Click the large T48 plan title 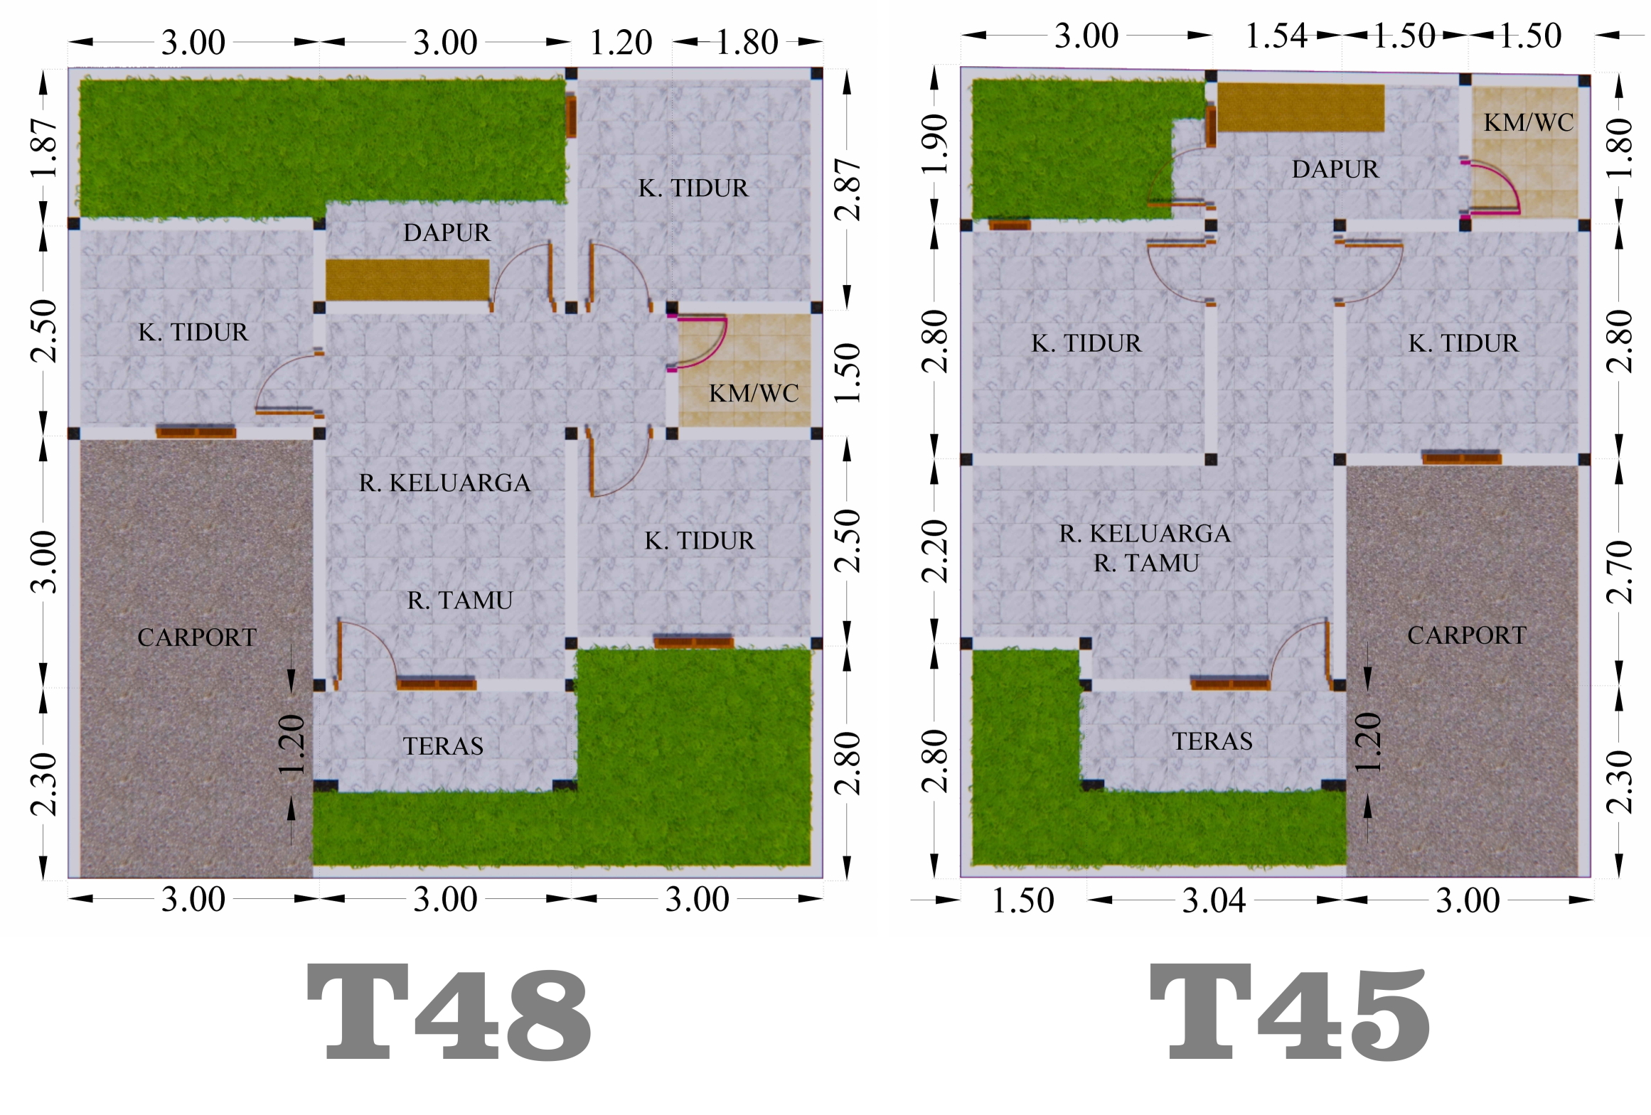click(x=449, y=1012)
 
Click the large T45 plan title click(x=1290, y=1012)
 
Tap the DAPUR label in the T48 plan click(x=447, y=232)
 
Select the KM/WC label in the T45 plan click(x=1529, y=122)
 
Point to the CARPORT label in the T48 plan click(x=197, y=637)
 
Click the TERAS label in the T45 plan click(x=1212, y=741)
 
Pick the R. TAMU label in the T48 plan click(x=460, y=600)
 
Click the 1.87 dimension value click(x=44, y=148)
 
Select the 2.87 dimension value click(x=848, y=189)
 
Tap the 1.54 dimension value click(x=1276, y=36)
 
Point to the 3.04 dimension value click(x=1214, y=901)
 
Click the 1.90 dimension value click(x=935, y=144)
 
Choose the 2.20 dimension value click(x=935, y=551)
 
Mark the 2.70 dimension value click(x=1619, y=572)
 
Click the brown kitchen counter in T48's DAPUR click(x=407, y=279)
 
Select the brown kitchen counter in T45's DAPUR click(x=1300, y=107)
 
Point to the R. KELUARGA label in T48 click(x=445, y=483)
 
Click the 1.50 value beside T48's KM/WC click(x=848, y=373)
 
